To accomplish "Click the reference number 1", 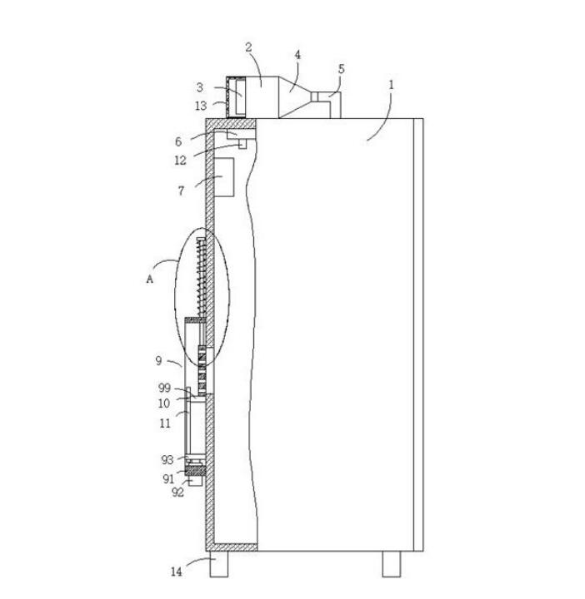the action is tap(391, 85).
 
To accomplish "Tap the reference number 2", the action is tap(248, 47).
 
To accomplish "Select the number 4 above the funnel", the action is tap(297, 55).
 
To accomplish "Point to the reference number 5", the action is tap(342, 69).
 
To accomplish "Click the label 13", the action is tap(201, 106).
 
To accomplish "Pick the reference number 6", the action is tap(178, 141).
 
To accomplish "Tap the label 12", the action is tap(180, 161).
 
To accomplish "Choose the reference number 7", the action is tap(181, 191).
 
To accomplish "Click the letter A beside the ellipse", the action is tap(150, 280).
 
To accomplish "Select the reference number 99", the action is tap(164, 388).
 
